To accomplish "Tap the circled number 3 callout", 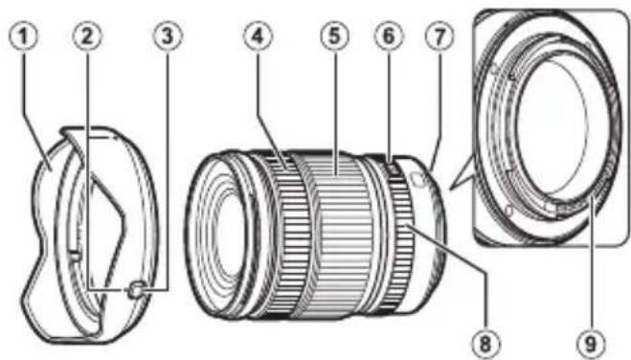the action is [168, 37].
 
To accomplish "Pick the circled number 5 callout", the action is [331, 37].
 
